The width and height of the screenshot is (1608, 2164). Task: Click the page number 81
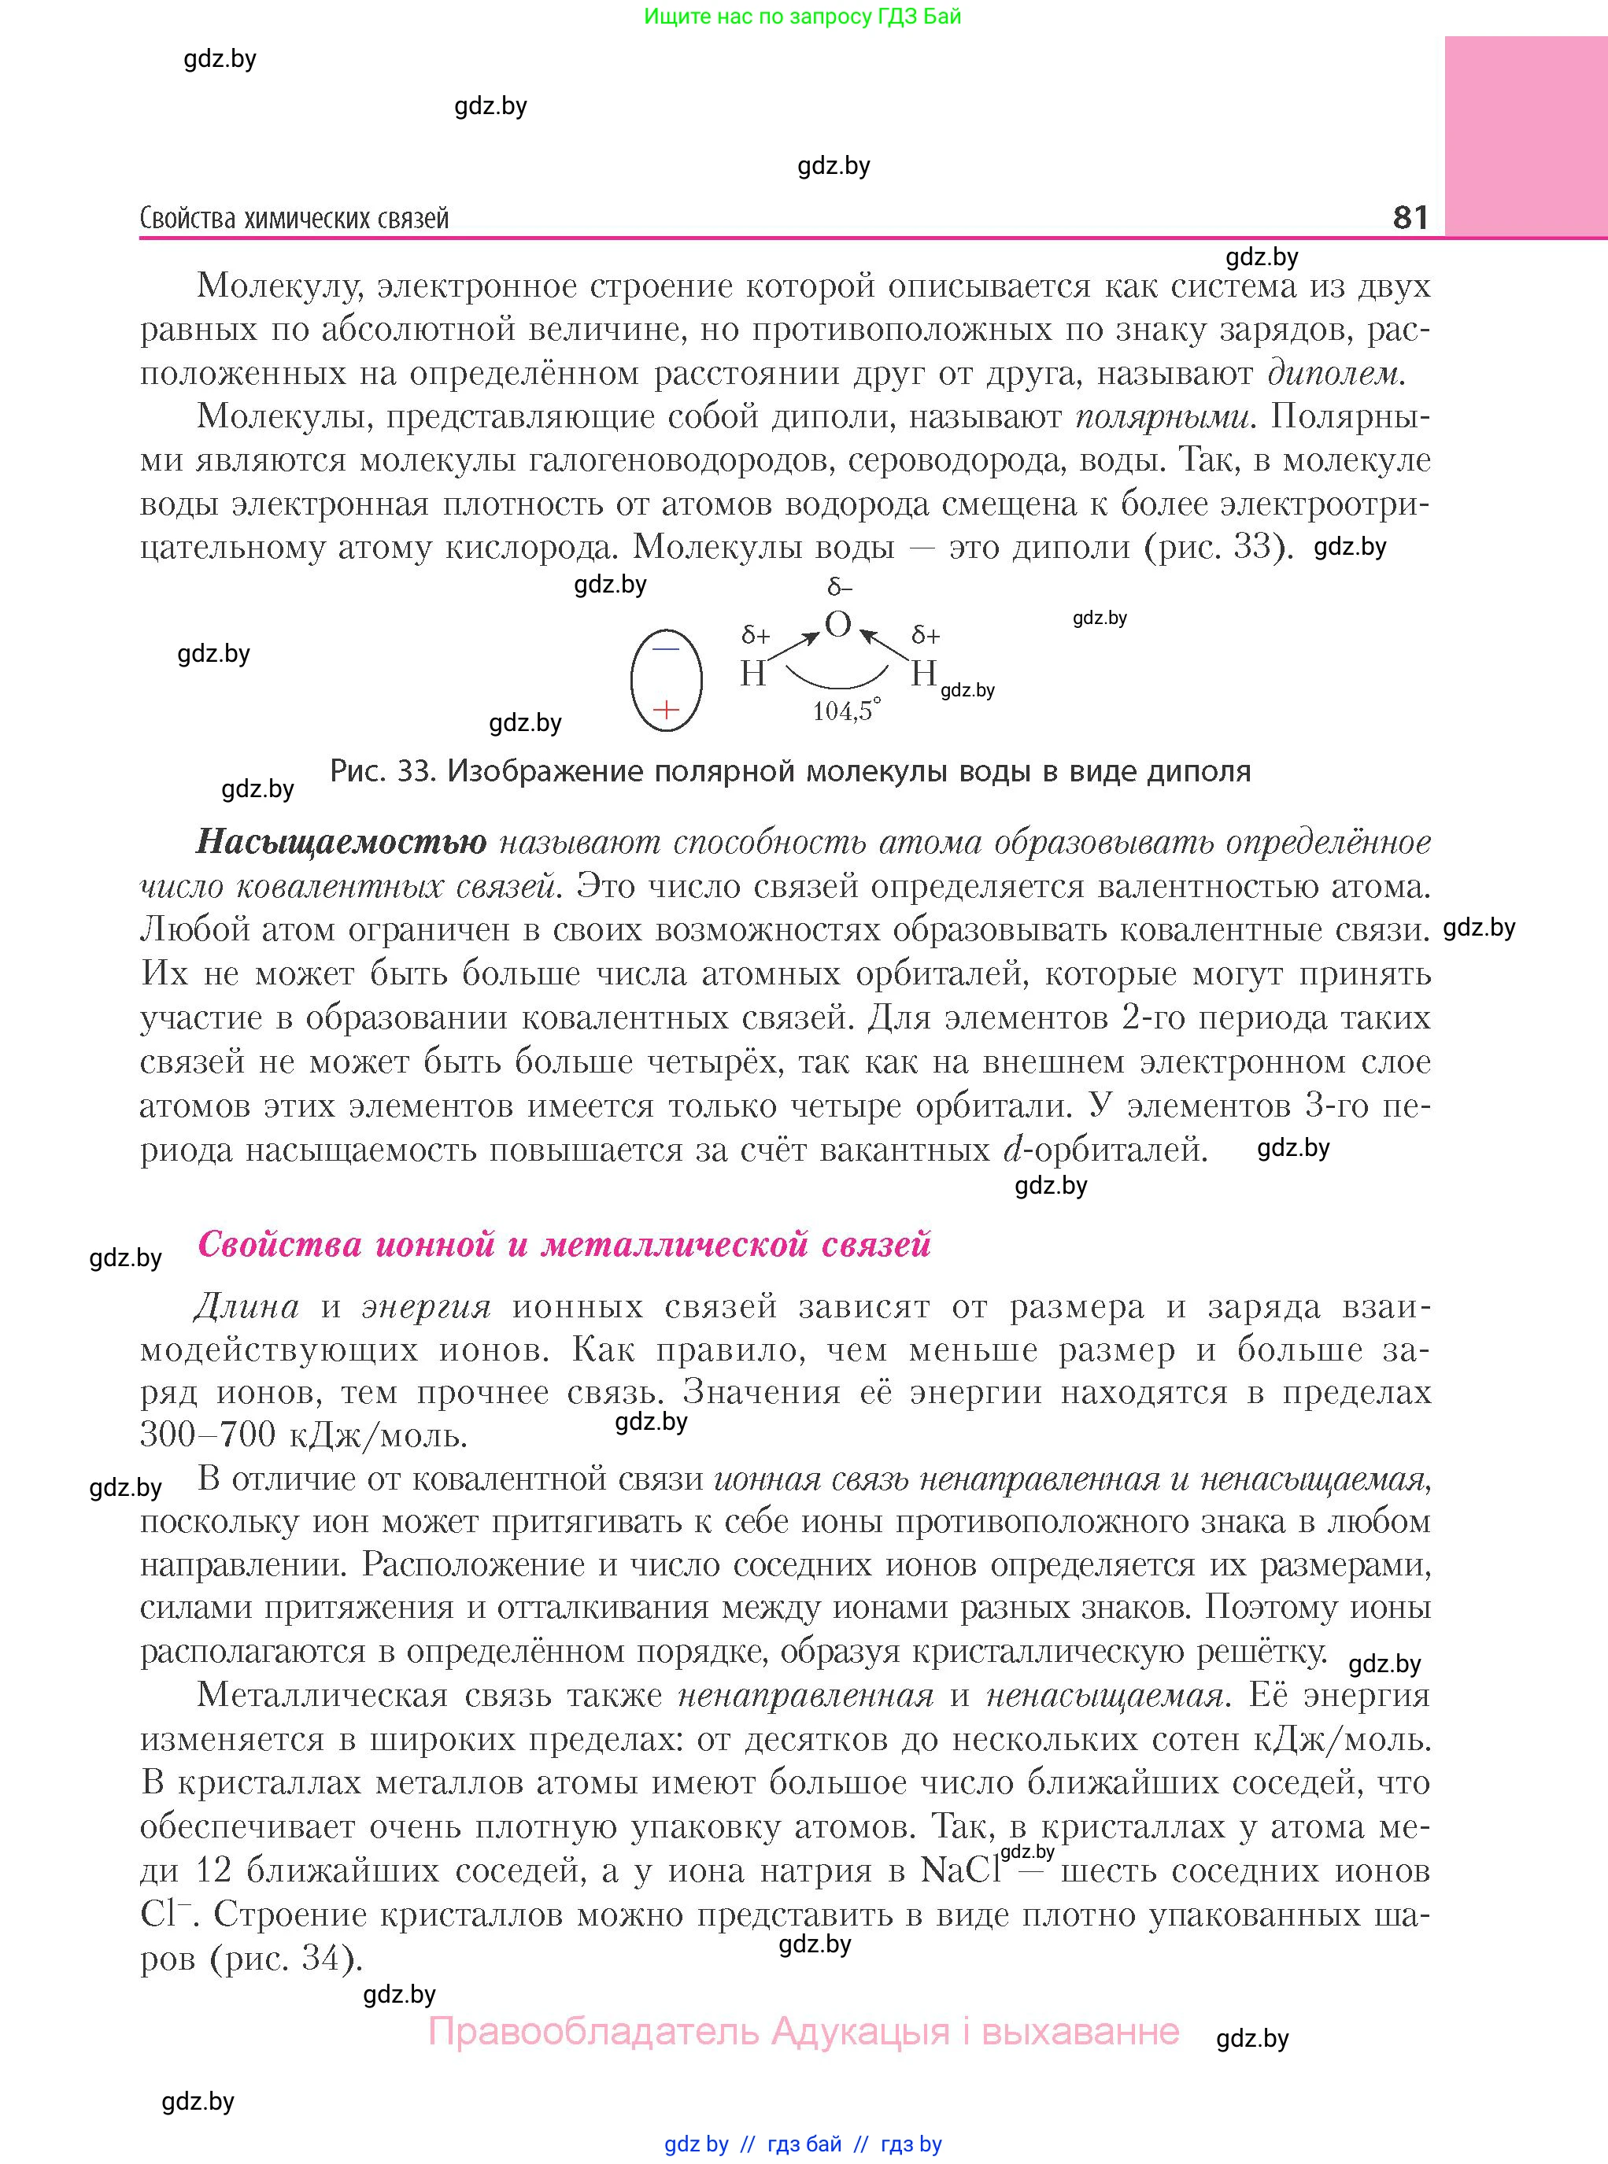1410,216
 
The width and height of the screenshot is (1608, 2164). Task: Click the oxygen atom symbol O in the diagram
837,624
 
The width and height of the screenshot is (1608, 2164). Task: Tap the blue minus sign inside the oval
666,648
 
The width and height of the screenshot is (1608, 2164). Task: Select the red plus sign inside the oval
666,709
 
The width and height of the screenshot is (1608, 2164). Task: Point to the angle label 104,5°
846,711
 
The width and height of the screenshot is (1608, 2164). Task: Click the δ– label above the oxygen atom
839,588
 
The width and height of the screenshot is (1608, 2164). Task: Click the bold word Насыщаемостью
341,842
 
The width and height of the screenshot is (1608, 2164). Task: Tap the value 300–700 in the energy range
201,1435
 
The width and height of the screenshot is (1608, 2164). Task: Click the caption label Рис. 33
382,772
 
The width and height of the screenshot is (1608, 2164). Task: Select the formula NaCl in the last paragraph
959,1870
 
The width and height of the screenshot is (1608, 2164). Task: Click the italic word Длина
246,1305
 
